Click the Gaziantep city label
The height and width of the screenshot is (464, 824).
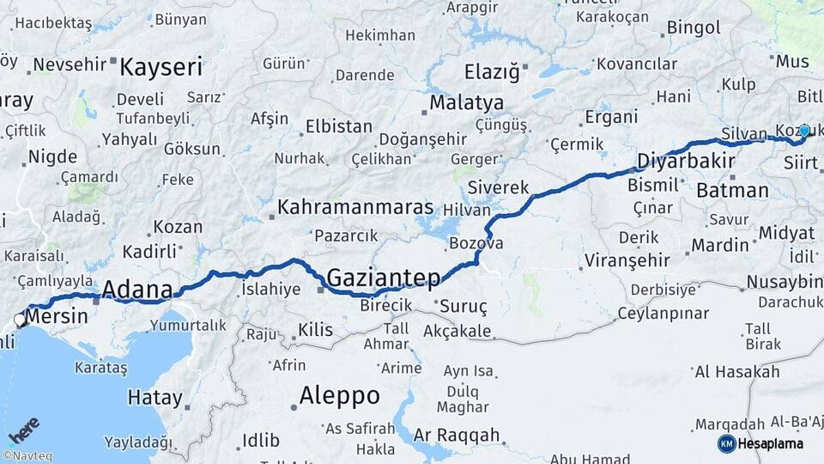(384, 277)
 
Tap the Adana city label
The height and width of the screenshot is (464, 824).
(137, 290)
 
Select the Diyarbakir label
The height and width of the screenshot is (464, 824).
(685, 162)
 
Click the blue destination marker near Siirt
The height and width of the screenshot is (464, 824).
(804, 131)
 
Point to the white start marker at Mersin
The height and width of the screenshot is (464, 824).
(20, 320)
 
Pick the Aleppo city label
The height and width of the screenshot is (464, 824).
(339, 396)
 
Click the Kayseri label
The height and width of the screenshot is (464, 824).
(161, 67)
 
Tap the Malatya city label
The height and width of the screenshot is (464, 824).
(466, 102)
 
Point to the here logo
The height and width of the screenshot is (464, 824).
(23, 429)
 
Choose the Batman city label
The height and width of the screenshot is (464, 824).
(732, 190)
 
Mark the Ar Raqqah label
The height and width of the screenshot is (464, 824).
(456, 436)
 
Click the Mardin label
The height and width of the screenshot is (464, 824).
(720, 246)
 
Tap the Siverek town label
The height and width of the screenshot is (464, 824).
(498, 187)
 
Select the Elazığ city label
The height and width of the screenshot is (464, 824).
(492, 72)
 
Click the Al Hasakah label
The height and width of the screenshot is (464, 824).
(737, 371)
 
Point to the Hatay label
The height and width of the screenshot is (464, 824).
(154, 398)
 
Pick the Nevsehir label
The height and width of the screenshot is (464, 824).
(69, 64)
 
